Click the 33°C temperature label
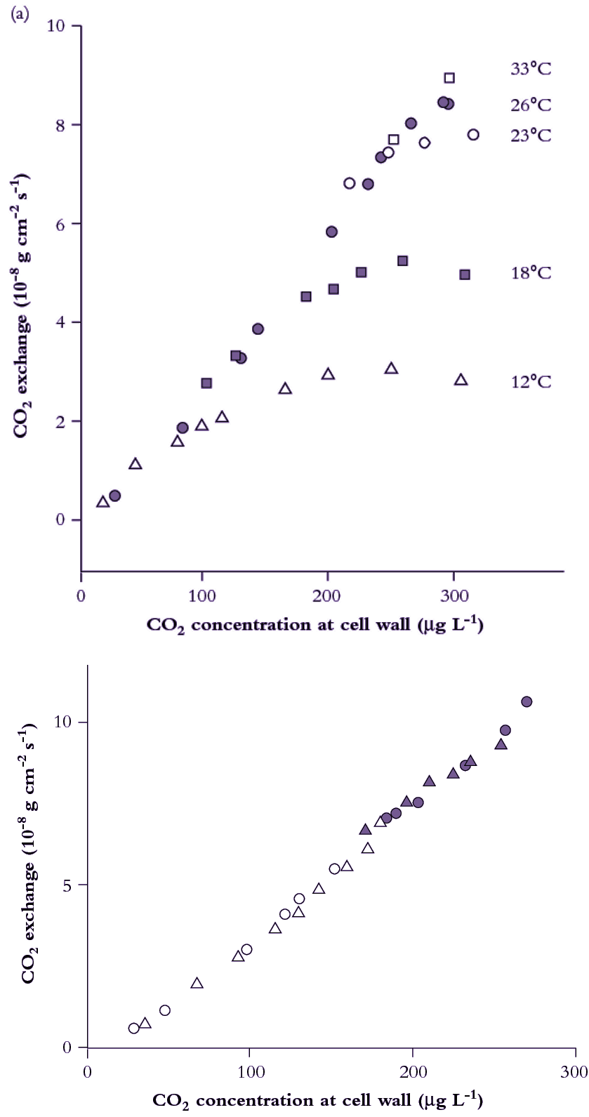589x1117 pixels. tap(530, 69)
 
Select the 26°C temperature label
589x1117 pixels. tap(530, 105)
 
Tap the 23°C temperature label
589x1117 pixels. tap(530, 135)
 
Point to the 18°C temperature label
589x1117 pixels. tap(530, 273)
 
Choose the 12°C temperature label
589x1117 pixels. tap(530, 382)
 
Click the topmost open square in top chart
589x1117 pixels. tap(449, 78)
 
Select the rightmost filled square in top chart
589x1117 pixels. tap(465, 275)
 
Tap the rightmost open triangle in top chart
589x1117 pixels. tap(461, 380)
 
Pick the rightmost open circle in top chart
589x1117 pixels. tap(473, 135)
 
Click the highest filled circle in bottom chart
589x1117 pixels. tap(527, 701)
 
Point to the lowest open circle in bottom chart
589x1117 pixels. tap(133, 1028)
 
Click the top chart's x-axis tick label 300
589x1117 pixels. tap(454, 596)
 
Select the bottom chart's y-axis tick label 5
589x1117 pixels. tap(67, 885)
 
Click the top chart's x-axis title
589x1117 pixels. tap(315, 625)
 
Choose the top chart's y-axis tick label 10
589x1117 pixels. tap(55, 26)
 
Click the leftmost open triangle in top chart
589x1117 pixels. tap(102, 502)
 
